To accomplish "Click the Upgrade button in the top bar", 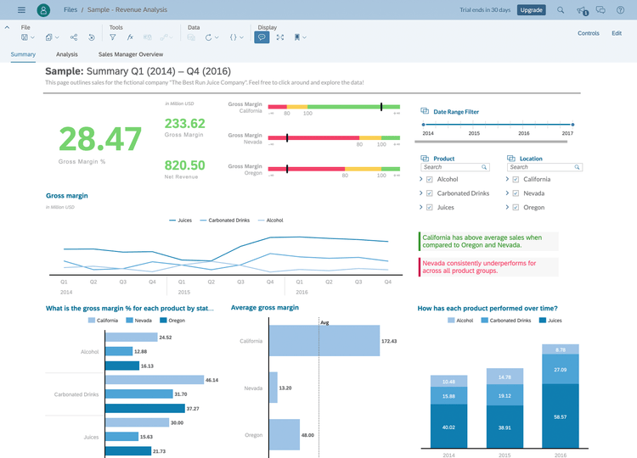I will pos(532,10).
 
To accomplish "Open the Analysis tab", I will pos(67,54).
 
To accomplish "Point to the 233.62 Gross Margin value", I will pos(184,123).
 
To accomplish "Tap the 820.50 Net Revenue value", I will pos(184,165).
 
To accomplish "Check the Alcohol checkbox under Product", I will pos(429,180).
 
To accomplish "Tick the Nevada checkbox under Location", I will pos(515,193).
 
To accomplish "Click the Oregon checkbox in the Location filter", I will pos(515,207).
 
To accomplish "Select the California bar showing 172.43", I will pos(324,341).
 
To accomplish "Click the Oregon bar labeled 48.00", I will pos(285,434).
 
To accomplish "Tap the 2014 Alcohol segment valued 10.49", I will pos(448,381).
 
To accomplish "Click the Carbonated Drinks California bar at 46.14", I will pos(154,381).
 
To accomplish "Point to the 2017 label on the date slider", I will pos(567,134).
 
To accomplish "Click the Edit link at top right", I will pos(617,33).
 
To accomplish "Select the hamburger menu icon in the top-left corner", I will pos(21,10).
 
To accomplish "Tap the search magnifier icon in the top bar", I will pos(560,10).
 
